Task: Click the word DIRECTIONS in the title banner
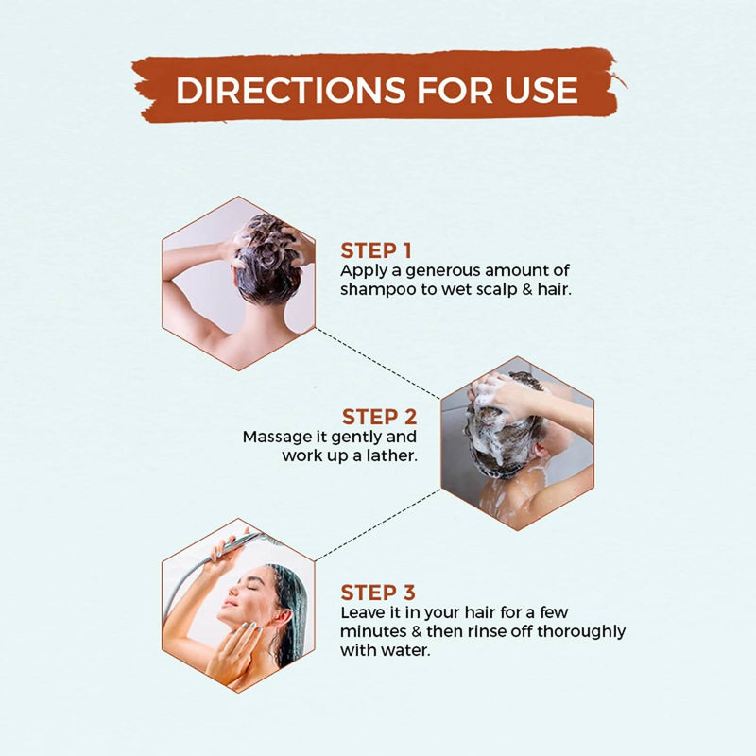[x=291, y=90]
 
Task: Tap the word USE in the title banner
[x=541, y=90]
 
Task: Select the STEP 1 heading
[x=376, y=250]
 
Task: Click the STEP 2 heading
[x=380, y=417]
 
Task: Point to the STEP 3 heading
[x=377, y=593]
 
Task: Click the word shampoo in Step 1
[x=379, y=290]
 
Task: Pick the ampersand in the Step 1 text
[x=528, y=289]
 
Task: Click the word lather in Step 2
[x=391, y=455]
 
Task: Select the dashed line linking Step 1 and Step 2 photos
[x=377, y=364]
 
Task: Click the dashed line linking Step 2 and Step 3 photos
[x=377, y=525]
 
